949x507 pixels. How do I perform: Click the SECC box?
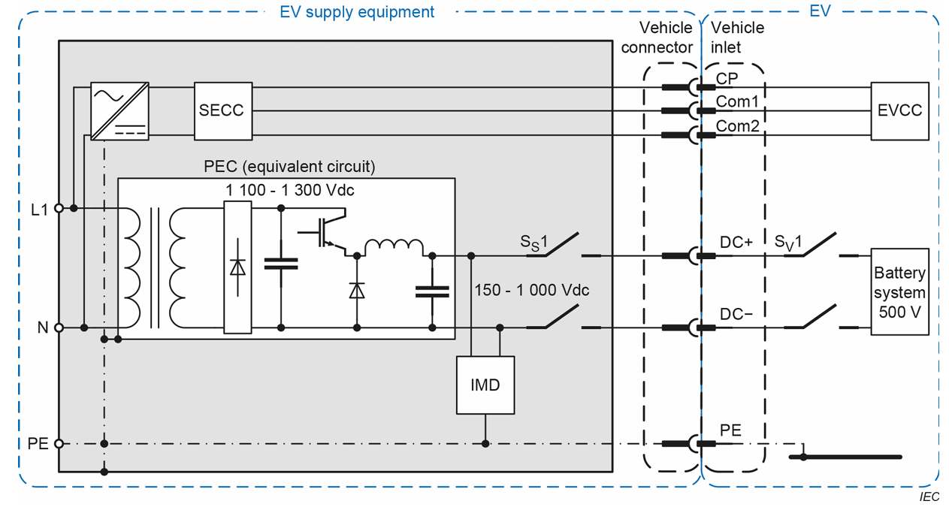[222, 110]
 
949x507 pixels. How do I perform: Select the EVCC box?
[899, 110]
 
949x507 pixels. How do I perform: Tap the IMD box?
[485, 385]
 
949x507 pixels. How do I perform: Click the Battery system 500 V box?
[899, 291]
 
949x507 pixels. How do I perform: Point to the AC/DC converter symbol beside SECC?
[119, 110]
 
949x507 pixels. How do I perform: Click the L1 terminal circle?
[59, 208]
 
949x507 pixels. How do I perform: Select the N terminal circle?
[59, 327]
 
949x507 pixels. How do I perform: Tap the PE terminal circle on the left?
[59, 444]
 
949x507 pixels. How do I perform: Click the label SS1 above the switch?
[536, 243]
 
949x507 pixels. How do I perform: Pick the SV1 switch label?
[789, 243]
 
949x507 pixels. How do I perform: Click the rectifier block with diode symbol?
[237, 267]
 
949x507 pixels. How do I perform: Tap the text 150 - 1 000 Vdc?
[532, 290]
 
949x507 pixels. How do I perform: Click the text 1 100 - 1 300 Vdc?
[290, 191]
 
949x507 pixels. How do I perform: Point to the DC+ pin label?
[736, 243]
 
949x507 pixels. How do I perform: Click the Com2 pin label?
[737, 126]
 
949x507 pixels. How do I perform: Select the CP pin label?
[727, 77]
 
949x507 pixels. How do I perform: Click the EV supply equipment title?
[357, 12]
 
